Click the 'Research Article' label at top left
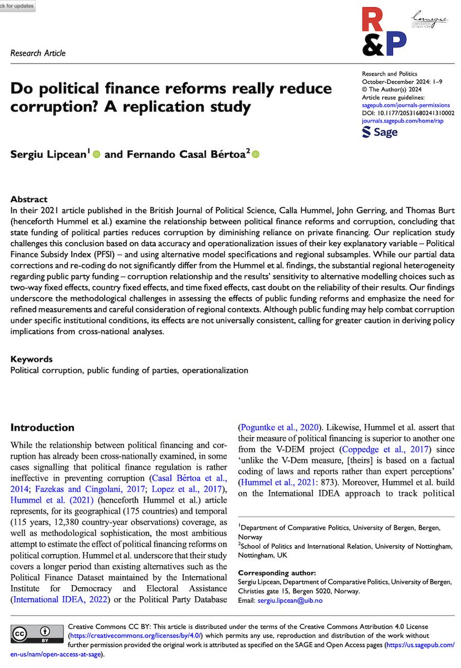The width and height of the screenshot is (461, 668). coord(38,53)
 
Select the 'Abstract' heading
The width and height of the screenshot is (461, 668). coord(29,199)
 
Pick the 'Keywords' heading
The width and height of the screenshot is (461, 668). coord(32,359)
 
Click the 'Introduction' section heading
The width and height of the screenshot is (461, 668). coord(43,428)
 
